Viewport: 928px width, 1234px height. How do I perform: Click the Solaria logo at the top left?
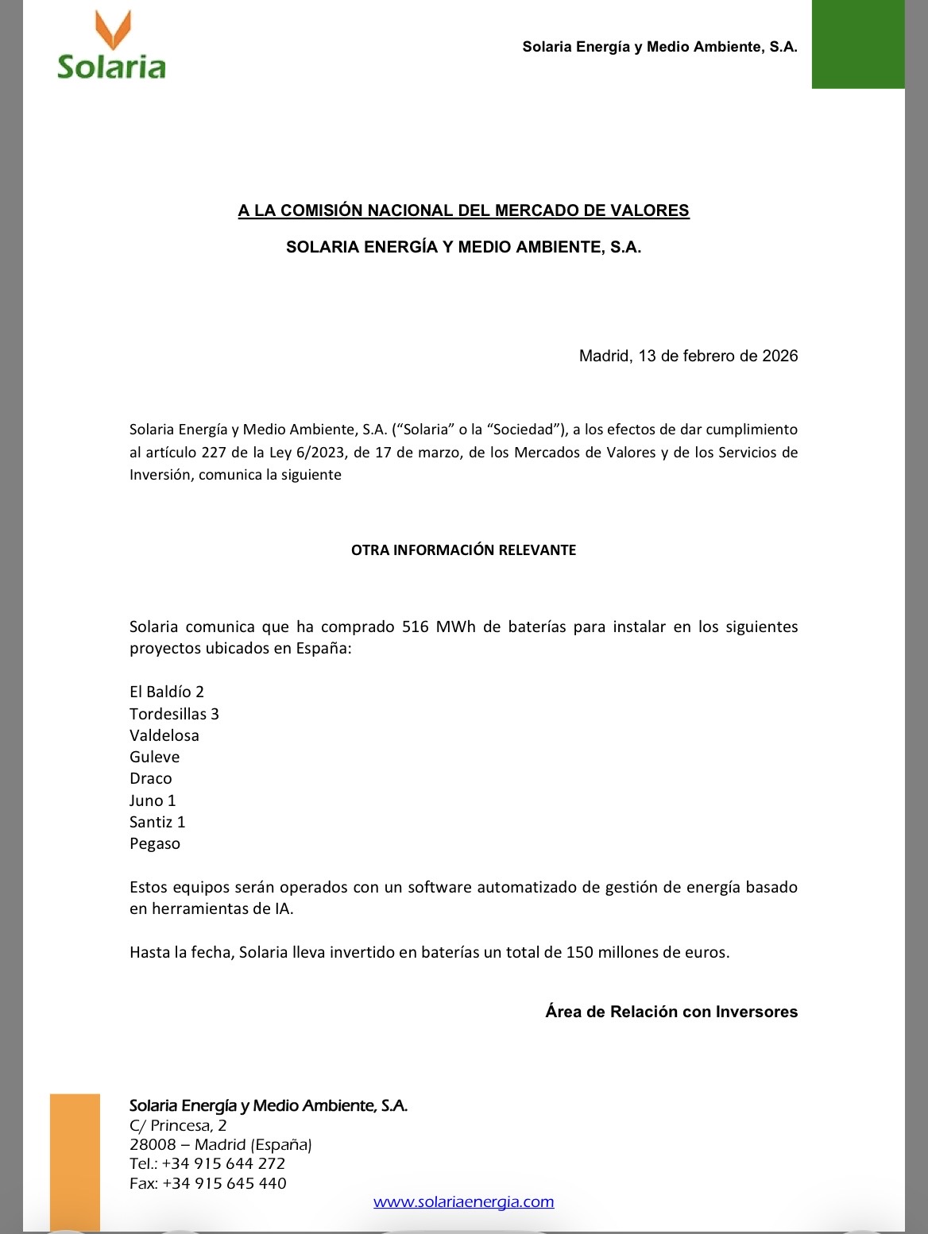111,48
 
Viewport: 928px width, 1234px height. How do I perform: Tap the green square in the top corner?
857,44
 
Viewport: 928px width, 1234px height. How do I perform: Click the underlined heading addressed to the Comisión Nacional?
463,210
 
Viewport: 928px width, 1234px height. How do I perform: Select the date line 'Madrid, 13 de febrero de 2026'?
688,356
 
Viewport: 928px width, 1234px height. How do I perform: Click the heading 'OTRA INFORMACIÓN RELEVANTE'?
463,550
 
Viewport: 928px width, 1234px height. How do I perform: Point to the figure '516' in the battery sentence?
416,627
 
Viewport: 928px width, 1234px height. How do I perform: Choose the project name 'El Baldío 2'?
167,692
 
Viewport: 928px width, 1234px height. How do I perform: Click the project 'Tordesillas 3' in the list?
174,714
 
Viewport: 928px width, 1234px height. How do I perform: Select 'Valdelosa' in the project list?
164,735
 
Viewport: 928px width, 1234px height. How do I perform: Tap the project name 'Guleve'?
155,757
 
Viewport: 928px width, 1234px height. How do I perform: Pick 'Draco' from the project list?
151,778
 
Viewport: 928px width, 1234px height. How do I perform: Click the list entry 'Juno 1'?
153,800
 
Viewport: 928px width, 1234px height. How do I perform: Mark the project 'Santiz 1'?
157,822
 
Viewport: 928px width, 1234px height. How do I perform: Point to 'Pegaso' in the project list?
155,843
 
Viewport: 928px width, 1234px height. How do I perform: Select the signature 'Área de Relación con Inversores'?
671,1012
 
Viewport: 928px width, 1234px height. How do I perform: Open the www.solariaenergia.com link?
464,1201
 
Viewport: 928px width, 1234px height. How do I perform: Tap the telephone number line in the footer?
207,1163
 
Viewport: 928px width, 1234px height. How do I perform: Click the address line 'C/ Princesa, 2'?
178,1125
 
